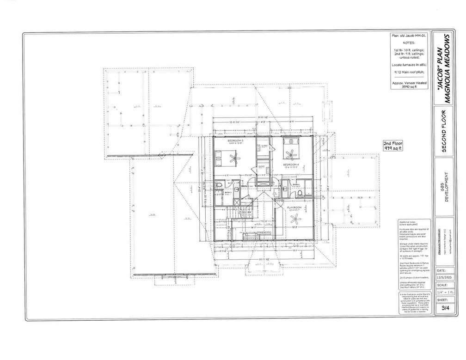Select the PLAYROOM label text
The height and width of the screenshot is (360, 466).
294,207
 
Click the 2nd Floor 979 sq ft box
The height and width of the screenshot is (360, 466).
393,146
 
